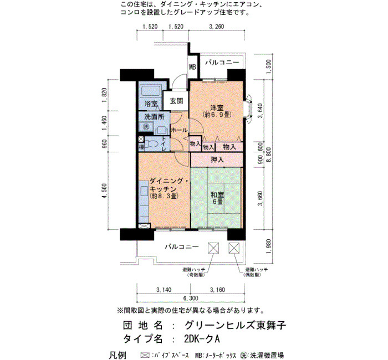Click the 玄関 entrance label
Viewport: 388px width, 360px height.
176,101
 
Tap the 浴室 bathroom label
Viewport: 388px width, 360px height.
151,104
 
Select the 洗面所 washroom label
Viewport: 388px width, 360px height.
154,117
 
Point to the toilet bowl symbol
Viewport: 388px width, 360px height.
151,143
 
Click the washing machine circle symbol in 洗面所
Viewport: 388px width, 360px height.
146,127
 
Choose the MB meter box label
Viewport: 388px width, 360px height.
192,67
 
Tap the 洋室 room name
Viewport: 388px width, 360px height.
217,108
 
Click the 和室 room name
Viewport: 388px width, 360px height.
217,194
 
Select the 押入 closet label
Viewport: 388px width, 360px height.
217,160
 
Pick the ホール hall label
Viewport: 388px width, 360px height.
179,130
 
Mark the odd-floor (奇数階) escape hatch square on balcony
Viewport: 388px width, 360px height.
213,248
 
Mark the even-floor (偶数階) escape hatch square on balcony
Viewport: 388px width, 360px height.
234,248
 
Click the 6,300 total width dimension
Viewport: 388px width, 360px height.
191,298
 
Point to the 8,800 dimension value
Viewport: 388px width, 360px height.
268,155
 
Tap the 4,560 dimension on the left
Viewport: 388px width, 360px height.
104,191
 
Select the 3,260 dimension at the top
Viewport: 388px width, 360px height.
217,27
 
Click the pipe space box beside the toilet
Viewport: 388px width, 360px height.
141,139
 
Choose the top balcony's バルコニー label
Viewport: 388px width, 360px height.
222,62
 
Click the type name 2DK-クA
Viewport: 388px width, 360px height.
202,338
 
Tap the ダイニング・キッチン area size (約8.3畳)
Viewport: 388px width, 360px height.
164,196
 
